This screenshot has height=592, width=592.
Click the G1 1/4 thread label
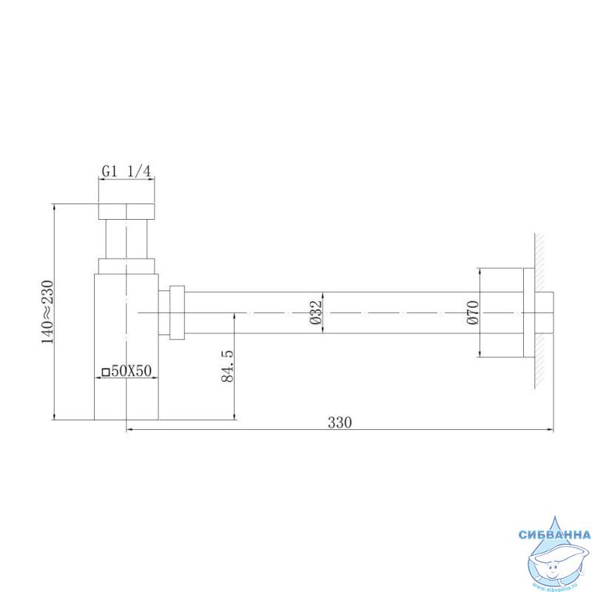(x=126, y=172)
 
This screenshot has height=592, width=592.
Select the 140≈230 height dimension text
(x=47, y=312)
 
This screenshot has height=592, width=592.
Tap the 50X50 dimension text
(x=131, y=371)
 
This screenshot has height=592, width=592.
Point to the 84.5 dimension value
(x=227, y=366)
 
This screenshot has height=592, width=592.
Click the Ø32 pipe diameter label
(x=315, y=312)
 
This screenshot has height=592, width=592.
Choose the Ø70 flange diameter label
(x=473, y=312)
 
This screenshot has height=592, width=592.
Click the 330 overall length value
(x=340, y=423)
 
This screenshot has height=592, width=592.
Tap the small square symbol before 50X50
(x=106, y=372)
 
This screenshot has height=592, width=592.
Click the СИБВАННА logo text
(x=554, y=534)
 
